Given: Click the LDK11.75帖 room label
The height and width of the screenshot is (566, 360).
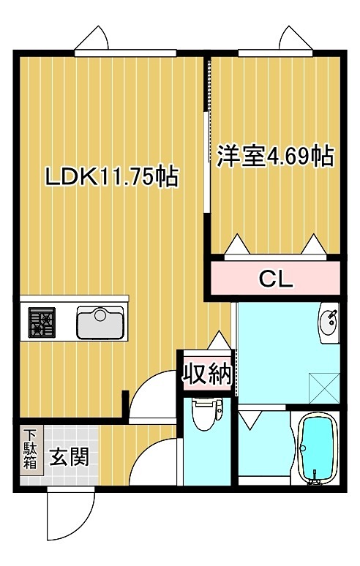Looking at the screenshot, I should click(x=111, y=177).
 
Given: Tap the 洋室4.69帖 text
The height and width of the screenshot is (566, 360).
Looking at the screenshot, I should click(x=274, y=156).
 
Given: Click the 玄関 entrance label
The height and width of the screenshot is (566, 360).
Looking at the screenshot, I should click(x=70, y=458).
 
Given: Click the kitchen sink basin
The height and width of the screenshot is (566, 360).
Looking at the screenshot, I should click(x=100, y=322).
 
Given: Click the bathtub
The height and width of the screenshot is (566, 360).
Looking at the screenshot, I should click(x=315, y=448).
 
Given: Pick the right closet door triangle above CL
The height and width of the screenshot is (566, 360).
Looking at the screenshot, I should click(x=315, y=244).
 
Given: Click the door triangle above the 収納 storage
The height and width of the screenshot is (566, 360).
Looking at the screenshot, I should click(x=217, y=341).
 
